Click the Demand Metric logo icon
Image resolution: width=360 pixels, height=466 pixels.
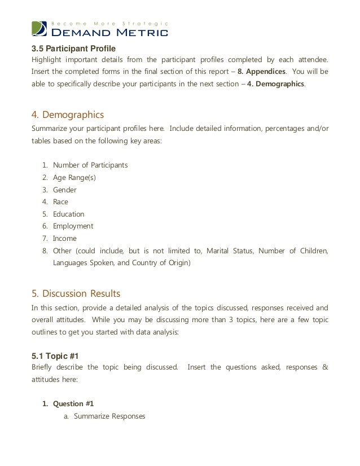pos(40,28)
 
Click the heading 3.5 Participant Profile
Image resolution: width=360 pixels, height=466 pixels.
pos(73,49)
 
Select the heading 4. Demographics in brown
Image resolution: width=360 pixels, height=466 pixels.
pos(67,115)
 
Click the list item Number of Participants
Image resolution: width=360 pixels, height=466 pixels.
pos(90,165)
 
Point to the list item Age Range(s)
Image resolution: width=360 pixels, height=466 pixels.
pos(74,177)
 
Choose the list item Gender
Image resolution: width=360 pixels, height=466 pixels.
pos(65,190)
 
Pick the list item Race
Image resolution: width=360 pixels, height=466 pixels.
pos(61,201)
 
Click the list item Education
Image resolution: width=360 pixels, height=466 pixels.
pos(69,214)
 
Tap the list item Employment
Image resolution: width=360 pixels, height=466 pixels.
pos(73,226)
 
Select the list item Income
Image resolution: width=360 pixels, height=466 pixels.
pos(64,238)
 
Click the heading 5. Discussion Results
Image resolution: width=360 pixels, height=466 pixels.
pos(76,293)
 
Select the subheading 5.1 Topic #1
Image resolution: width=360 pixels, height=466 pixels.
pos(55,356)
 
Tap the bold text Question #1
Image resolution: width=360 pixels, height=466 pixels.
pos(73,403)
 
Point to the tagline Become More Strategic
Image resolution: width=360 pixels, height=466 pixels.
pos(111,23)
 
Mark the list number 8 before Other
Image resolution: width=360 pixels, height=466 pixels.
pos(45,250)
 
